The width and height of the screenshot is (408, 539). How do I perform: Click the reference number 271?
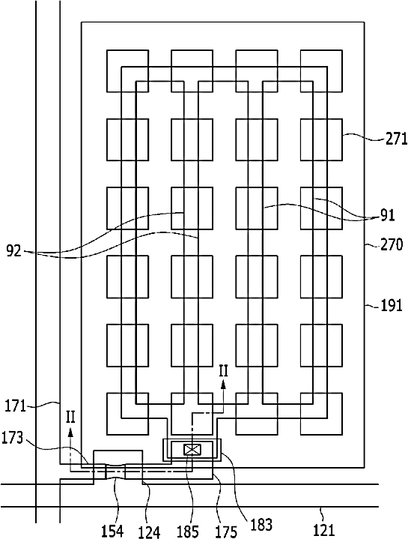[x=396, y=139]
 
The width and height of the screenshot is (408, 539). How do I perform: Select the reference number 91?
[x=387, y=216]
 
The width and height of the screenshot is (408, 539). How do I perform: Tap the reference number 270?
[x=392, y=244]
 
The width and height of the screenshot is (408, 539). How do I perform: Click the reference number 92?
[x=14, y=251]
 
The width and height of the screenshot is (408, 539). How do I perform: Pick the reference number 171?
[x=15, y=406]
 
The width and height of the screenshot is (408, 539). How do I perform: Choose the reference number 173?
[x=13, y=438]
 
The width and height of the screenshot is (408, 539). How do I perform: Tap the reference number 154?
[x=112, y=531]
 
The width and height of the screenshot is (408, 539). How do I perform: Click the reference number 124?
[x=149, y=532]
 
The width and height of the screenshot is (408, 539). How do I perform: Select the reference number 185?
[x=187, y=532]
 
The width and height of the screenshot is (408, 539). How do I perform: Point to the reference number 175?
[x=226, y=532]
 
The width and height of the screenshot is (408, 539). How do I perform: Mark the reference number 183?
[x=261, y=525]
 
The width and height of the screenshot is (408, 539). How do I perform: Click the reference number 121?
[x=324, y=530]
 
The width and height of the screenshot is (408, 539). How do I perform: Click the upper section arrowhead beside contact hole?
[x=223, y=385]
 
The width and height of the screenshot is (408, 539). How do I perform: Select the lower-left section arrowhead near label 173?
[x=70, y=432]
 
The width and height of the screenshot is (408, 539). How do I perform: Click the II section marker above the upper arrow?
[x=223, y=372]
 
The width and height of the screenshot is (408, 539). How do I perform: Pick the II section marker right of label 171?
[x=70, y=418]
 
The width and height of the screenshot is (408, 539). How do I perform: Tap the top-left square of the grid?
[x=127, y=71]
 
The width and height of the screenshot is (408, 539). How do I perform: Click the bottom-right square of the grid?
[x=321, y=414]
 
